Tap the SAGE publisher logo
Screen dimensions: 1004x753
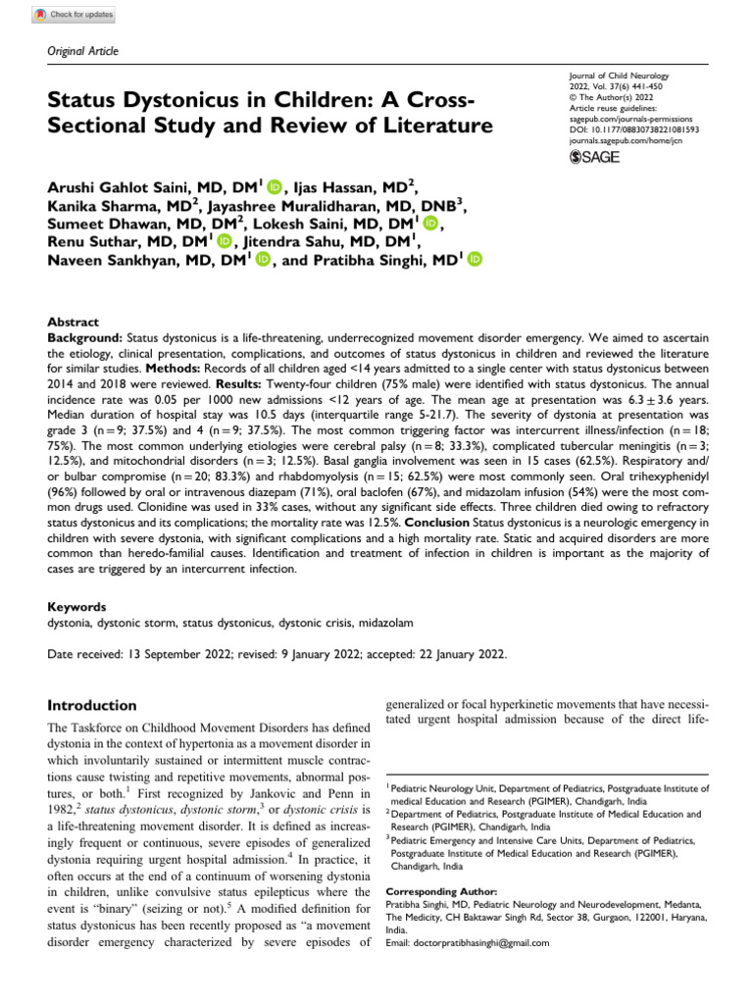tap(594, 158)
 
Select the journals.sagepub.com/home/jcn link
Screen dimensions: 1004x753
tap(625, 140)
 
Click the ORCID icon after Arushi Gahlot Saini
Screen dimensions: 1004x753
tap(274, 186)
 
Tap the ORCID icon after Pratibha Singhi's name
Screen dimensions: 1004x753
tap(476, 259)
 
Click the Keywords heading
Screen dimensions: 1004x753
tap(77, 608)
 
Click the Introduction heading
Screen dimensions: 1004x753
tap(92, 706)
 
